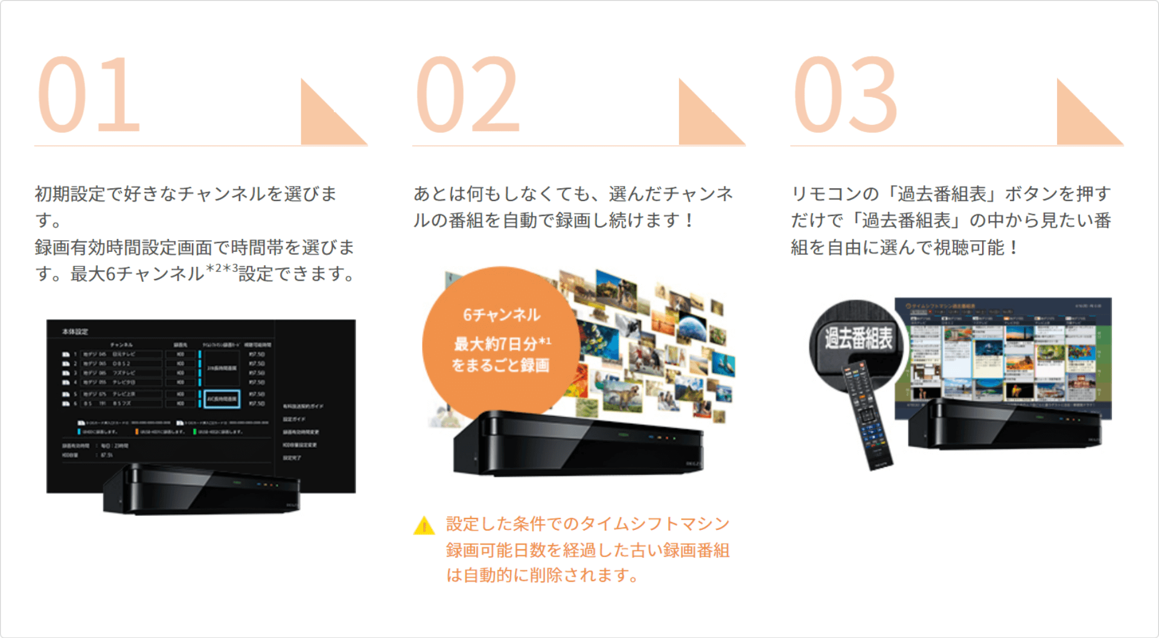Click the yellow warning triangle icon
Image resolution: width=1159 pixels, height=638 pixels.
(x=424, y=526)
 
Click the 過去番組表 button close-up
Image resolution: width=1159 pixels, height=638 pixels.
(x=858, y=338)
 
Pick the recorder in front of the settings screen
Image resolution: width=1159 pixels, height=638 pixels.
(x=202, y=489)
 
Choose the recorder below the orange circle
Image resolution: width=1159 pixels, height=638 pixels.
(x=578, y=444)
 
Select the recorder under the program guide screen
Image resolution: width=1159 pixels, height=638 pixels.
(x=1005, y=425)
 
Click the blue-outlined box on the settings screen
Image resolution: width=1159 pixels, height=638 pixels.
(x=222, y=399)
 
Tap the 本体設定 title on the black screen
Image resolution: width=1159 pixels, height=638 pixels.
(x=75, y=331)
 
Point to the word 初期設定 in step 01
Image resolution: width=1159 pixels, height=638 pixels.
(x=70, y=194)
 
